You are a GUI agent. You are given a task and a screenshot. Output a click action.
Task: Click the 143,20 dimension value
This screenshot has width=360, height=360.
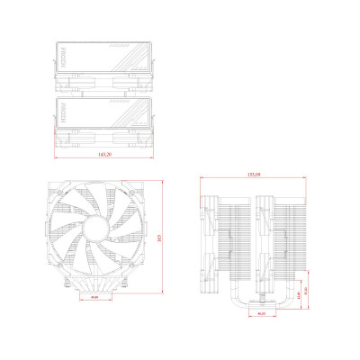point(104,155)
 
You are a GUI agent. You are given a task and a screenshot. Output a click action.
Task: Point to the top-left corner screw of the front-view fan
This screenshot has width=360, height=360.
point(52,192)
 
